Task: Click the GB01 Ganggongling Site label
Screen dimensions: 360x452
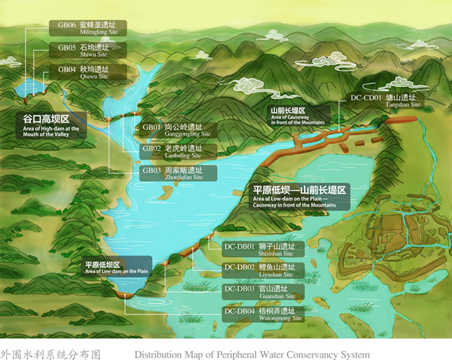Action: (177, 130)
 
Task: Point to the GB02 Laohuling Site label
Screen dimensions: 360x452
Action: (177, 151)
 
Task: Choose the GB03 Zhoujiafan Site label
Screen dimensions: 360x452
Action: (177, 172)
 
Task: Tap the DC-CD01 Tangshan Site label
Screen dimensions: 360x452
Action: (387, 100)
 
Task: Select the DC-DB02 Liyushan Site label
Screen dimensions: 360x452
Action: (262, 270)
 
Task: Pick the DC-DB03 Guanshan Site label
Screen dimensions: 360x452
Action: (262, 292)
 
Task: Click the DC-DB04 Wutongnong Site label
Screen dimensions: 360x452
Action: (262, 314)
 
